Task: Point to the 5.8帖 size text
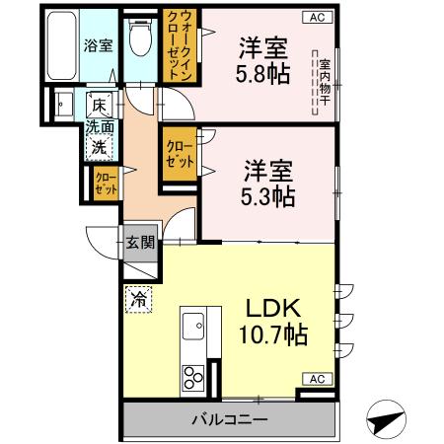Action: tap(262, 74)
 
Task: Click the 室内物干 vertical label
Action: tap(324, 84)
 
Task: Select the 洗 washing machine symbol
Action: tap(99, 146)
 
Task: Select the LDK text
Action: tap(274, 307)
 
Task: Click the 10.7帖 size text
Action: tap(272, 334)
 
